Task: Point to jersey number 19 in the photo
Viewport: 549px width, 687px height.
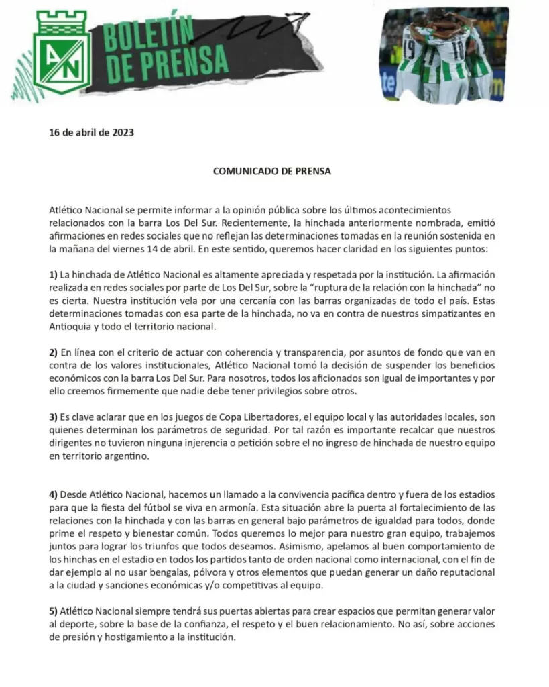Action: tap(410, 50)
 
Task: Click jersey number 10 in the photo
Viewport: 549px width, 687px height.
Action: tap(459, 49)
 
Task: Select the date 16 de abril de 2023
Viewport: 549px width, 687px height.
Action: tap(92, 132)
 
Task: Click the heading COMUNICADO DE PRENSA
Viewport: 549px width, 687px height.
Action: tap(272, 171)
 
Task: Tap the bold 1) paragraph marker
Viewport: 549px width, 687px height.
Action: tap(54, 274)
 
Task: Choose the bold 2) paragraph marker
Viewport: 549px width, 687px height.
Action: tap(54, 352)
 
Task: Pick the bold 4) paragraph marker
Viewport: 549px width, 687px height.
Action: tap(54, 494)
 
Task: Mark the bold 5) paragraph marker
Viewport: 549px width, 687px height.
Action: tap(54, 613)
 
